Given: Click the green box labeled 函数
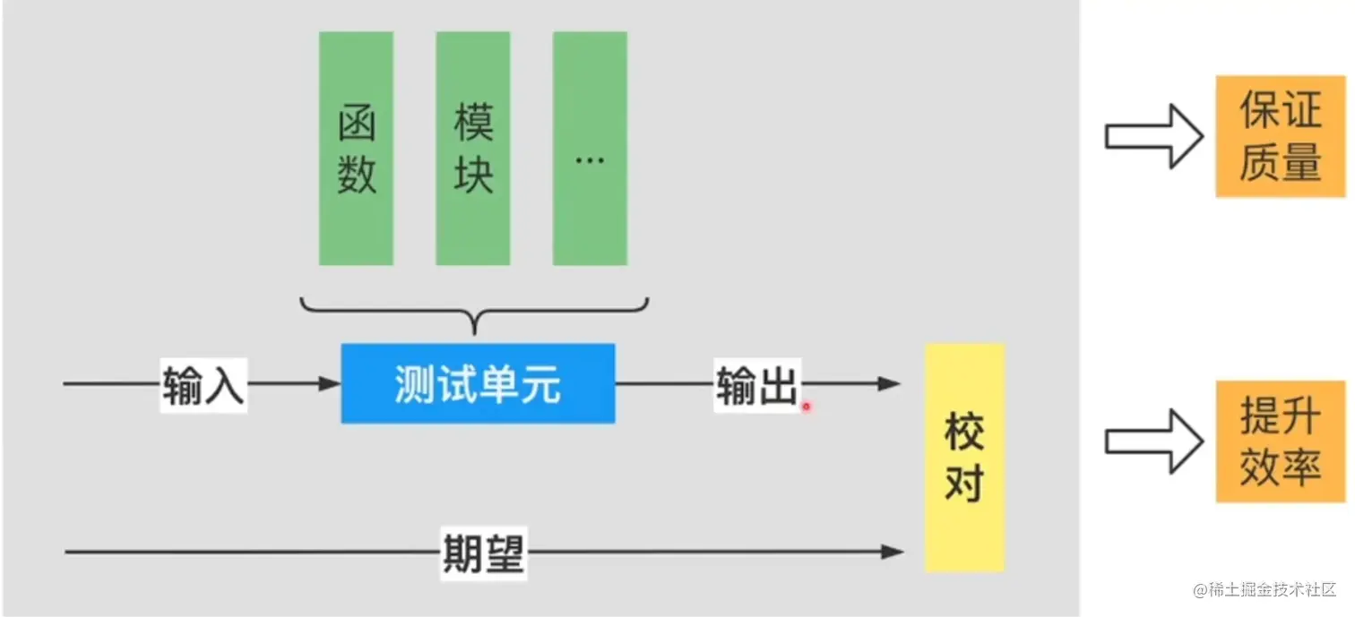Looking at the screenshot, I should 356,149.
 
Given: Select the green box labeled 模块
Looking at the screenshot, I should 473,149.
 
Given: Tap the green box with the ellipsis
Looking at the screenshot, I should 590,149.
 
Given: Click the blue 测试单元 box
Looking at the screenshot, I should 478,383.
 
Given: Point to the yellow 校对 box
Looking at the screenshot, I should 964,457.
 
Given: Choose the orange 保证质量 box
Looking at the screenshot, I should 1281,136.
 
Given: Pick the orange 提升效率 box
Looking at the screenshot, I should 1281,441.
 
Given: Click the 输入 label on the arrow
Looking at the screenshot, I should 203,386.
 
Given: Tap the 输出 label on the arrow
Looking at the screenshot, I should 756,386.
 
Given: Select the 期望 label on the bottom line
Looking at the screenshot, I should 483,553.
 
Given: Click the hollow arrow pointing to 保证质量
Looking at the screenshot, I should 1152,135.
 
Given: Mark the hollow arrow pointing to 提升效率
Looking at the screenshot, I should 1152,441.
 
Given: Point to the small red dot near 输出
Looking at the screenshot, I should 806,407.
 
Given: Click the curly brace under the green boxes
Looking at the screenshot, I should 474,314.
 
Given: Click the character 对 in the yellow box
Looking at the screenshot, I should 964,484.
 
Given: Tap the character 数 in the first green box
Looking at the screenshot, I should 356,174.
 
